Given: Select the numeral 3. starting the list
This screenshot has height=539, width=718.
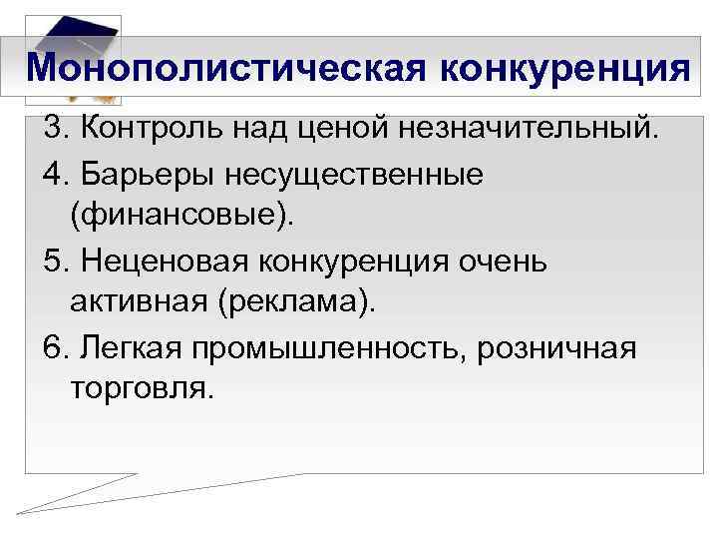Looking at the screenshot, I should pos(55,128).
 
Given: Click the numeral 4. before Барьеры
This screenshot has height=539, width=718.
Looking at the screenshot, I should pos(55,173).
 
